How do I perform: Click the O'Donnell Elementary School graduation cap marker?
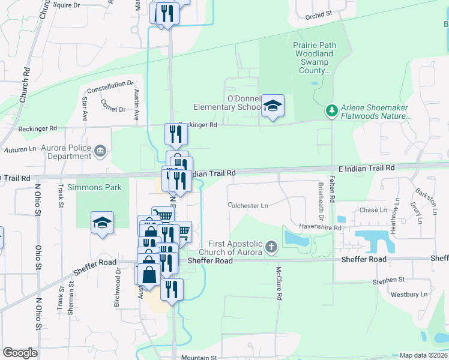(x=273, y=106)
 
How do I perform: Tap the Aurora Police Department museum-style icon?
(x=100, y=150)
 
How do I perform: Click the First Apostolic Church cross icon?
(x=271, y=247)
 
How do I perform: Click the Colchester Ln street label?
(x=248, y=205)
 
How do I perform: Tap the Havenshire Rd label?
(x=320, y=228)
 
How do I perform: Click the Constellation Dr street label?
(x=109, y=85)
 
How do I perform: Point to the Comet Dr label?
(x=113, y=109)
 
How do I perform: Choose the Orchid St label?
(x=318, y=15)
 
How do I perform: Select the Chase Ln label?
(x=373, y=210)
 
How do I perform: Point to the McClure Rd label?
(x=279, y=283)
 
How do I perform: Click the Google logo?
(x=20, y=353)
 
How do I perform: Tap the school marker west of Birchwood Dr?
(x=103, y=223)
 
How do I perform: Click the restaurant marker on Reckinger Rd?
(x=176, y=134)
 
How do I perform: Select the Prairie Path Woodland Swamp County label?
(x=314, y=58)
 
